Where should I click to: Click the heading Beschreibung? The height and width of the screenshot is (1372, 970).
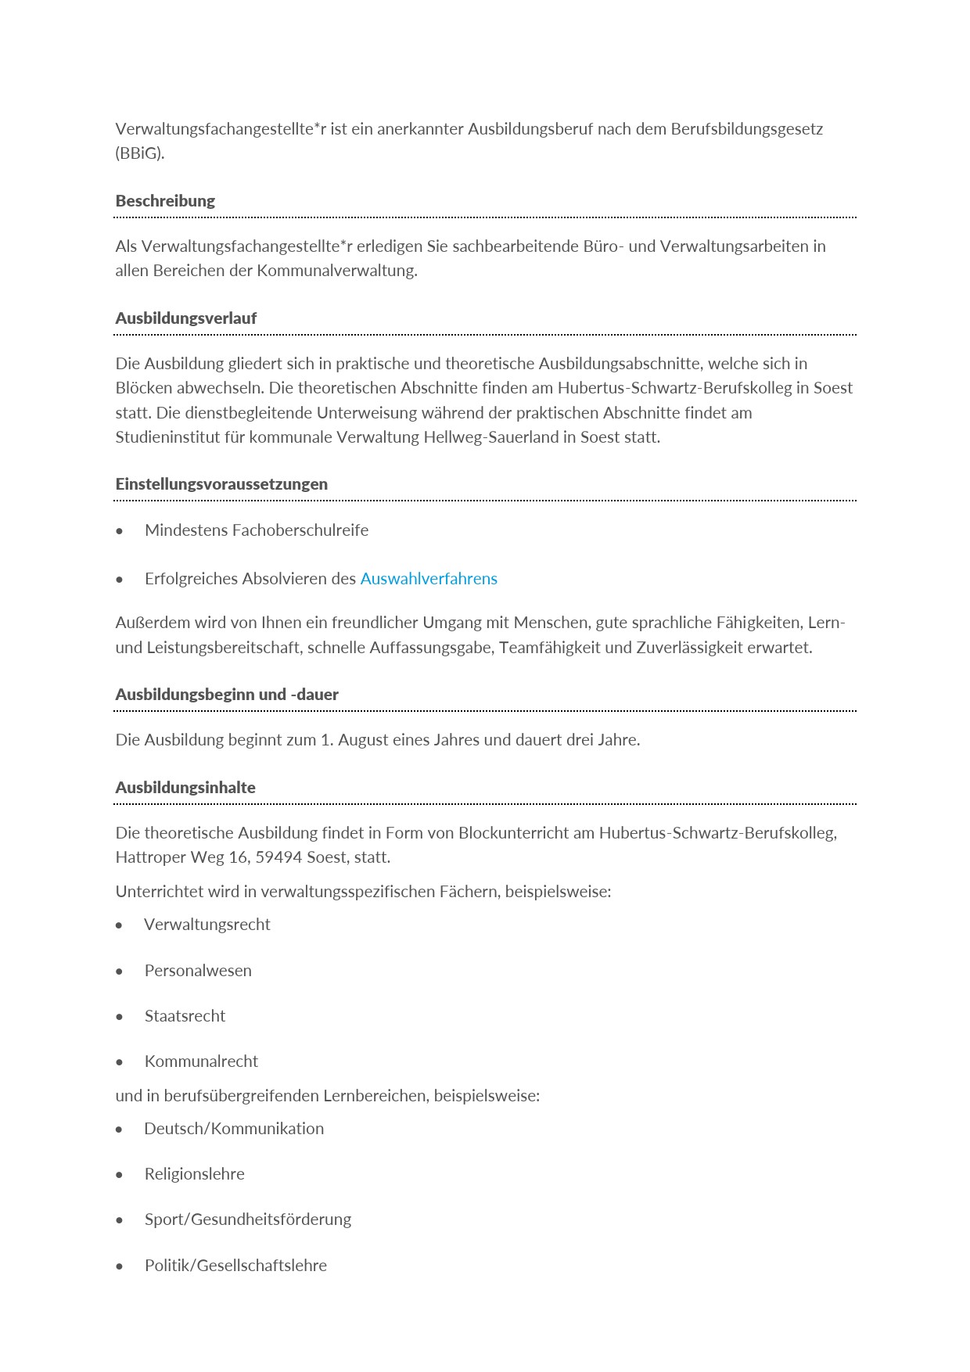click(x=165, y=201)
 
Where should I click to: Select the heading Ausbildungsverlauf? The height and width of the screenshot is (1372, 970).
click(x=185, y=318)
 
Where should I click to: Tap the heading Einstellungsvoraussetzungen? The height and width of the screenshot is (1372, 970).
click(x=221, y=484)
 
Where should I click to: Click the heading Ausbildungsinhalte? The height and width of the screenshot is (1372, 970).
click(x=185, y=788)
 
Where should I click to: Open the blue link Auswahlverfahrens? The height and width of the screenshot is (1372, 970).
click(x=429, y=579)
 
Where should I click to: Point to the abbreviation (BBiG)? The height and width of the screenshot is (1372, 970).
click(x=140, y=153)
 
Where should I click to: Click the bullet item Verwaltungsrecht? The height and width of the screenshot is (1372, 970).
click(x=207, y=925)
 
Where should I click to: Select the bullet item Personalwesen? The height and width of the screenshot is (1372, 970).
click(x=198, y=971)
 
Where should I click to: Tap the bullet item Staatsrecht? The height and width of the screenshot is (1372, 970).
click(x=185, y=1016)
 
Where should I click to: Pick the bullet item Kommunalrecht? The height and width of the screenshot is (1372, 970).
click(x=201, y=1061)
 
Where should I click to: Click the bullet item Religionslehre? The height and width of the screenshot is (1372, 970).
click(x=194, y=1174)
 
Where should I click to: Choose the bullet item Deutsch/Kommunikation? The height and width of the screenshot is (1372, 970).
click(x=234, y=1129)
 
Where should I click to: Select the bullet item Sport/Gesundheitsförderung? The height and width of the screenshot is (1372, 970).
click(x=247, y=1219)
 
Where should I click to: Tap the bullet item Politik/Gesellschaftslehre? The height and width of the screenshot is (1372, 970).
click(x=235, y=1266)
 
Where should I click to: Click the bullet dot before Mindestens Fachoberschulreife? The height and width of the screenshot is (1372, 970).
click(x=119, y=531)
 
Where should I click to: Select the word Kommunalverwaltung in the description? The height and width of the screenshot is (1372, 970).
click(x=336, y=271)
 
